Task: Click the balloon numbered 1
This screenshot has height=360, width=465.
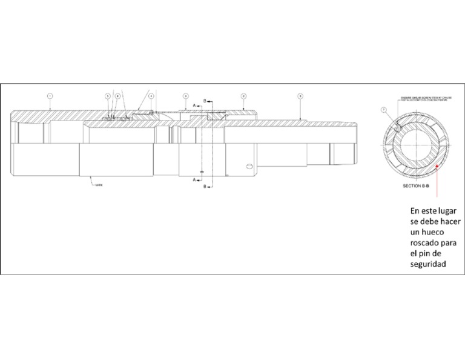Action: pos(50,96)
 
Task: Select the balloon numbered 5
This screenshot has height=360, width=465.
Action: pos(108,96)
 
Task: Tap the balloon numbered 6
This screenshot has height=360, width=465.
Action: pos(117,96)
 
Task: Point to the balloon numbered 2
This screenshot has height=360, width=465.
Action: pos(243,96)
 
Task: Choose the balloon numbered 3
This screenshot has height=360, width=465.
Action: pos(300,96)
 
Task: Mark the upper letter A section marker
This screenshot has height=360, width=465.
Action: pos(194,105)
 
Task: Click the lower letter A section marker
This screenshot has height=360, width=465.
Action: pos(194,180)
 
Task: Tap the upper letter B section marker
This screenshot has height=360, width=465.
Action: pos(205,99)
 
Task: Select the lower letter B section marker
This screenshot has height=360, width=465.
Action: pos(205,186)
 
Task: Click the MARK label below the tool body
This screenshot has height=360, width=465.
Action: pos(99,184)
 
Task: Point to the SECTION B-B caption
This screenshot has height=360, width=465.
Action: pos(415,186)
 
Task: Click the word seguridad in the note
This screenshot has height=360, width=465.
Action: pos(427,264)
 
